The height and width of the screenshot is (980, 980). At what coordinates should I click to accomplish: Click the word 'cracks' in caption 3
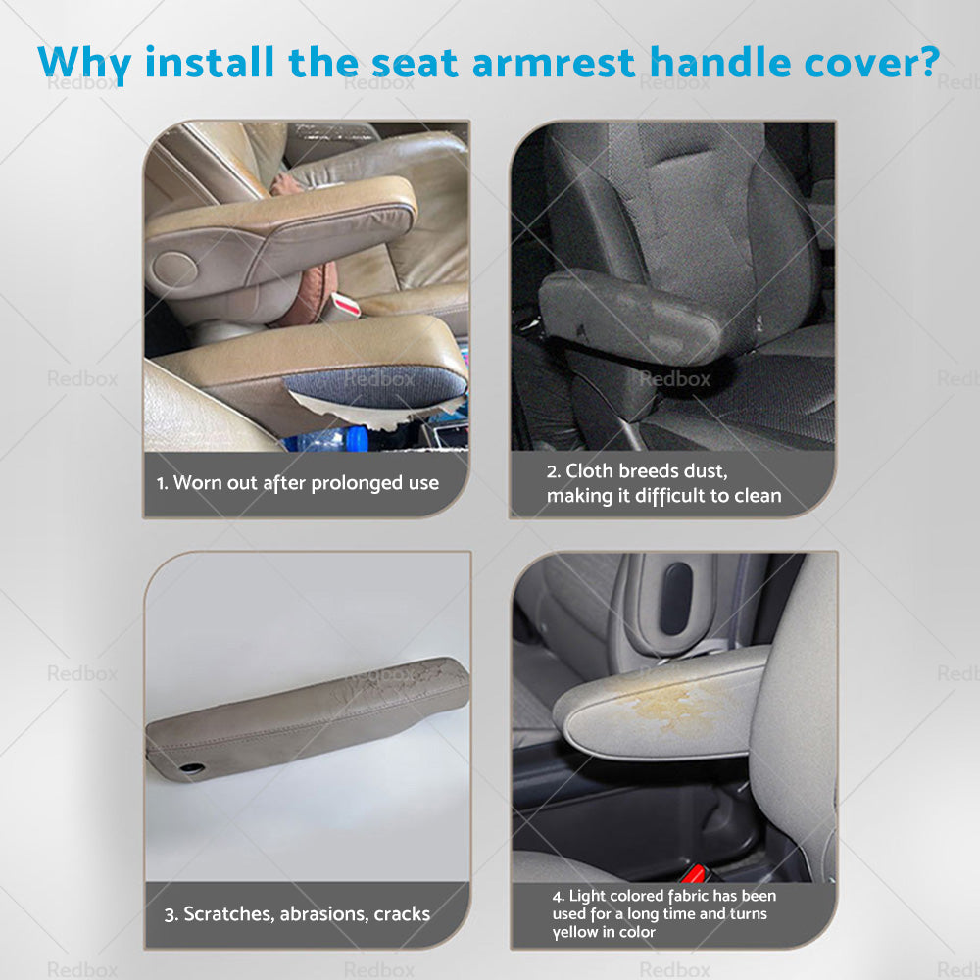pyautogui.click(x=402, y=914)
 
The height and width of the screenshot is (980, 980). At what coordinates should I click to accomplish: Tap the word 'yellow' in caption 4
pyautogui.click(x=576, y=932)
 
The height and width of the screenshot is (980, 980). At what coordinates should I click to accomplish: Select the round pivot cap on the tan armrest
pyautogui.click(x=175, y=269)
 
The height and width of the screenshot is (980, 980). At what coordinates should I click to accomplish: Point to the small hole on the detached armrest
pyautogui.click(x=193, y=767)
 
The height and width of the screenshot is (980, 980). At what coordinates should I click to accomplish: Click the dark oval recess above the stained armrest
pyautogui.click(x=675, y=598)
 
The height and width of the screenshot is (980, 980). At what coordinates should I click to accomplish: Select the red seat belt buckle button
pyautogui.click(x=698, y=871)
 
